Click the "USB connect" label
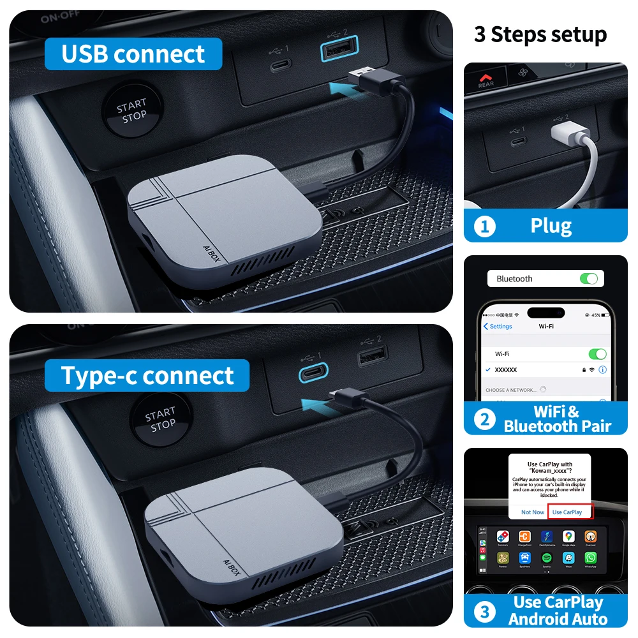[133, 54]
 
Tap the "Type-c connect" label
[147, 376]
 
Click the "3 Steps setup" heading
[540, 34]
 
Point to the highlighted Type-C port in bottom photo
[313, 373]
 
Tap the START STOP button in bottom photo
[159, 420]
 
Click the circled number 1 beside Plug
[485, 226]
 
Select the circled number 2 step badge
[485, 419]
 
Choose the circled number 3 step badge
[485, 612]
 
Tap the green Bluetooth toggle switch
[588, 279]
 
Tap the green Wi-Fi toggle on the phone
[597, 353]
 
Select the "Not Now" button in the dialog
[533, 512]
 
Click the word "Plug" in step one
[551, 226]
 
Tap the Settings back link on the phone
[498, 326]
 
